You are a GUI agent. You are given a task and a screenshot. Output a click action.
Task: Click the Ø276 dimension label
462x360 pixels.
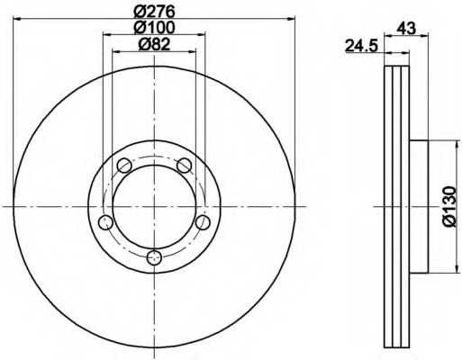click(x=154, y=11)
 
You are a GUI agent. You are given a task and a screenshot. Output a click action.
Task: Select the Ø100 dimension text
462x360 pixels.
click(x=154, y=28)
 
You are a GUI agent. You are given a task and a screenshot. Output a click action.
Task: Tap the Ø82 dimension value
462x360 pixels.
click(x=154, y=44)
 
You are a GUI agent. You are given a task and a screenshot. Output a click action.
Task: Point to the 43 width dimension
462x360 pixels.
click(x=406, y=29)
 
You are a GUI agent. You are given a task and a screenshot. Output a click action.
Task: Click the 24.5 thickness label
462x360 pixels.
click(x=361, y=46)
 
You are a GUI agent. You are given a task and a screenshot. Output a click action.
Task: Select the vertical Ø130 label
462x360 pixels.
click(x=449, y=207)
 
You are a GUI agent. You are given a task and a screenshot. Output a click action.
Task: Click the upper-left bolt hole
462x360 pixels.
click(x=124, y=165)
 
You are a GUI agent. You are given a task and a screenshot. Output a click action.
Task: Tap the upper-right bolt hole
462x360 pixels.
click(x=185, y=165)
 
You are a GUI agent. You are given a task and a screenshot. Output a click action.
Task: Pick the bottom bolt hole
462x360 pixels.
click(x=154, y=257)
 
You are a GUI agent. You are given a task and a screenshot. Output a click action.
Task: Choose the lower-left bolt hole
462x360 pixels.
click(x=105, y=222)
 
